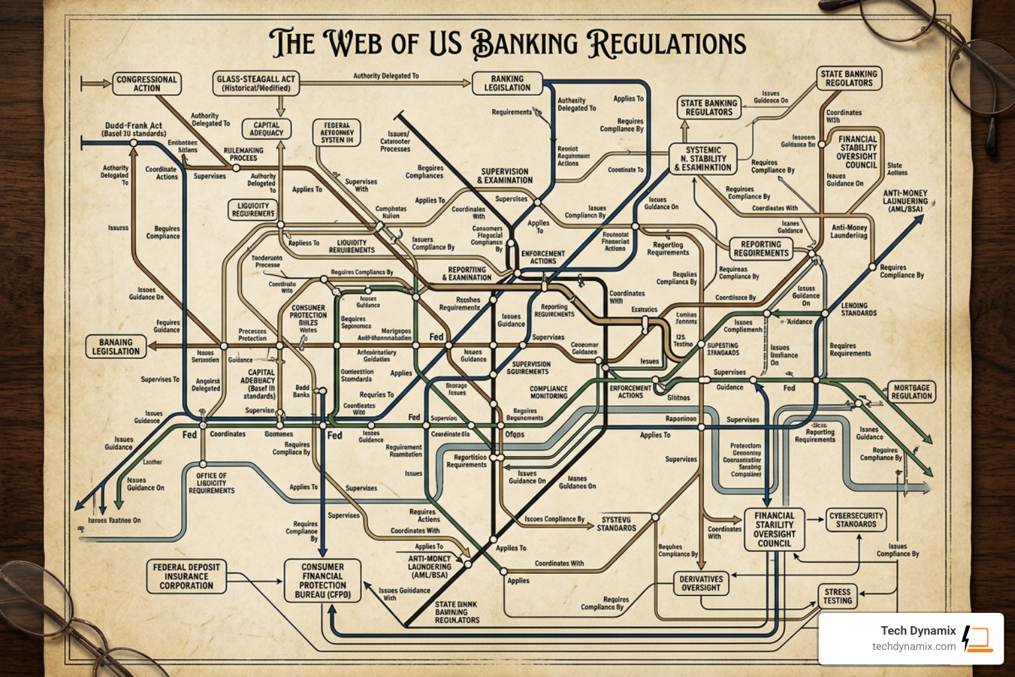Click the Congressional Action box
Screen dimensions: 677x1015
(146, 84)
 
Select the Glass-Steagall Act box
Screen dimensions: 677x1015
(256, 83)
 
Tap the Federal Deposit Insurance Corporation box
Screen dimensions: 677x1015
(186, 576)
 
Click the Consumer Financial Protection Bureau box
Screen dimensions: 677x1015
(322, 580)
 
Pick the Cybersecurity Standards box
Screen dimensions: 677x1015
(856, 520)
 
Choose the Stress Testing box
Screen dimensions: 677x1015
(837, 596)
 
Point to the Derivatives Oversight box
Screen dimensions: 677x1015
(701, 583)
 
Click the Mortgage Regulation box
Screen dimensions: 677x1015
(911, 391)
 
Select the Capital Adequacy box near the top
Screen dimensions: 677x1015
(266, 129)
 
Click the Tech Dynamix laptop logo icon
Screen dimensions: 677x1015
(977, 638)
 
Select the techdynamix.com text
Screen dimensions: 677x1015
(913, 647)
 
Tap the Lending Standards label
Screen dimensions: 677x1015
(858, 309)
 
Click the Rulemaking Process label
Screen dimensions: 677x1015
(243, 154)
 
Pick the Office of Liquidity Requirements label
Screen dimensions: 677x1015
(211, 483)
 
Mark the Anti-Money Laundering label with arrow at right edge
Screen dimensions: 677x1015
(905, 201)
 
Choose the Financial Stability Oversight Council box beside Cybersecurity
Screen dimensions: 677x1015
(774, 529)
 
